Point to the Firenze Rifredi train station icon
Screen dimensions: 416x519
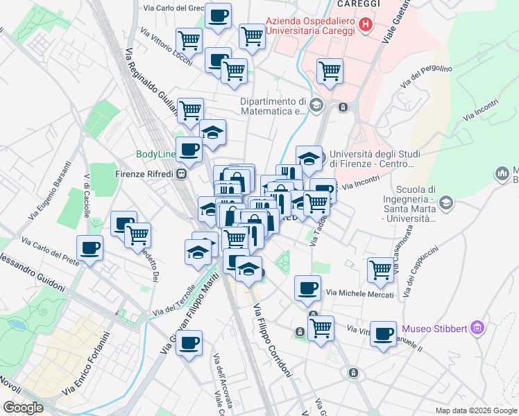[x=181, y=174]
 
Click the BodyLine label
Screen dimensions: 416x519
[x=157, y=154]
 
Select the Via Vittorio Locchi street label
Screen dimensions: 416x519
[x=166, y=42]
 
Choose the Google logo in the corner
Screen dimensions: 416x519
[x=23, y=408]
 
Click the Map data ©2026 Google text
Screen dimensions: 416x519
[x=476, y=410]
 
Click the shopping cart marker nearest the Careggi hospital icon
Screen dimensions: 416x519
[x=330, y=70]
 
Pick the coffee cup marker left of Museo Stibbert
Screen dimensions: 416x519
[x=383, y=333]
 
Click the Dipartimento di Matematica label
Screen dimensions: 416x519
[x=273, y=105]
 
